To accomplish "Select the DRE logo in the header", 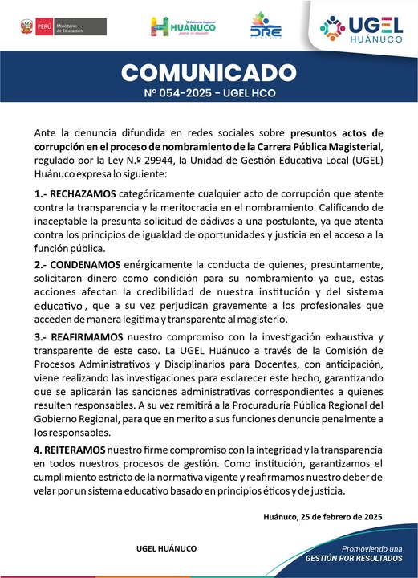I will coord(266,26).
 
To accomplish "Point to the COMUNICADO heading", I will coord(209,73).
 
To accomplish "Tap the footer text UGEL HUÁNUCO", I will coord(167,547).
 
